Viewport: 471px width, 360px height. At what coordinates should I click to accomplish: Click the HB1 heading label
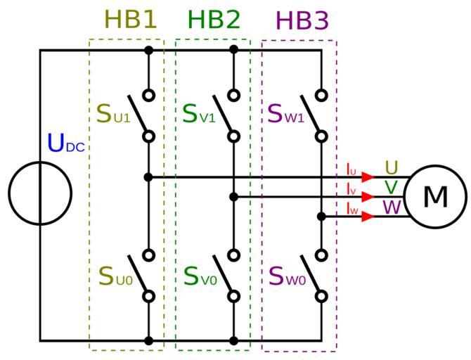(131, 20)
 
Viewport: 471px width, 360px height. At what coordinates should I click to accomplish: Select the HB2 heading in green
(214, 20)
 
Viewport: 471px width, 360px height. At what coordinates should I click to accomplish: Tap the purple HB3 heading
(302, 21)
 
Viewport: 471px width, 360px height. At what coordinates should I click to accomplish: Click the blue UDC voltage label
(65, 143)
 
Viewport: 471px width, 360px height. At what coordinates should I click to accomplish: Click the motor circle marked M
(435, 197)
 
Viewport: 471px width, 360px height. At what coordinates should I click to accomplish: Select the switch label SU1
(113, 114)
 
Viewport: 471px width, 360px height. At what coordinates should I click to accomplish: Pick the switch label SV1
(199, 114)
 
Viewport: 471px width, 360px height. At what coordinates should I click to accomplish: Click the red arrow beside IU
(368, 177)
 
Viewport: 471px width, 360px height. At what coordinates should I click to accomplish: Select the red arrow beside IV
(368, 197)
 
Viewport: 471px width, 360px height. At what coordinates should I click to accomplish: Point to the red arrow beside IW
(368, 216)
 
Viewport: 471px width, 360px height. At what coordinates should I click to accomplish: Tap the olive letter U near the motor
(392, 168)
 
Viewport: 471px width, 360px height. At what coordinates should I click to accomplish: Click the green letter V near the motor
(392, 188)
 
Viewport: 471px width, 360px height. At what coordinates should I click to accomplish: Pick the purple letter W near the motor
(392, 207)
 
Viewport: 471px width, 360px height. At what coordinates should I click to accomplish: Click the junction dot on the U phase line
(148, 177)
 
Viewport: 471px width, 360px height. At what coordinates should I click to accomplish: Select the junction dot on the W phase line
(321, 217)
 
